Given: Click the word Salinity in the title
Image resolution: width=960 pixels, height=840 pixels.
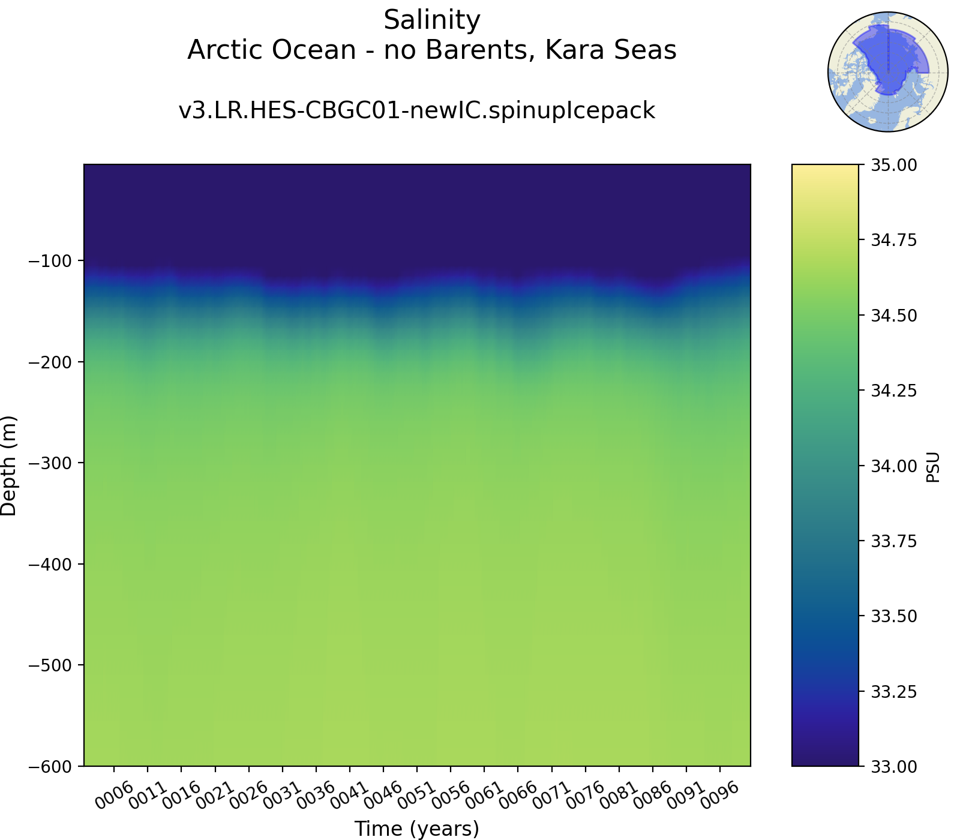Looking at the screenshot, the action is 432,20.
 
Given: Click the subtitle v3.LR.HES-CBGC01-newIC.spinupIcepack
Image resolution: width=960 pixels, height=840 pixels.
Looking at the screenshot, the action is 416,111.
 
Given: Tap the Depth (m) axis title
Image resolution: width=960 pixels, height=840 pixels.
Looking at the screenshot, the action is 9,466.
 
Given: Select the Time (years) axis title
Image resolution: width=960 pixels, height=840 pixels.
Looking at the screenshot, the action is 416,829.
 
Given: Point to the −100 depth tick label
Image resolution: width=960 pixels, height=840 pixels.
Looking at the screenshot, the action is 50,261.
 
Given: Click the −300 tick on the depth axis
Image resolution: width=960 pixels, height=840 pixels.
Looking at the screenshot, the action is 50,463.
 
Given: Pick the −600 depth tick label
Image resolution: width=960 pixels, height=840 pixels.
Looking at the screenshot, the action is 50,766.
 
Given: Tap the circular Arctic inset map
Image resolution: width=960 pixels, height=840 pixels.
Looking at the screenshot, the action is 887,71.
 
